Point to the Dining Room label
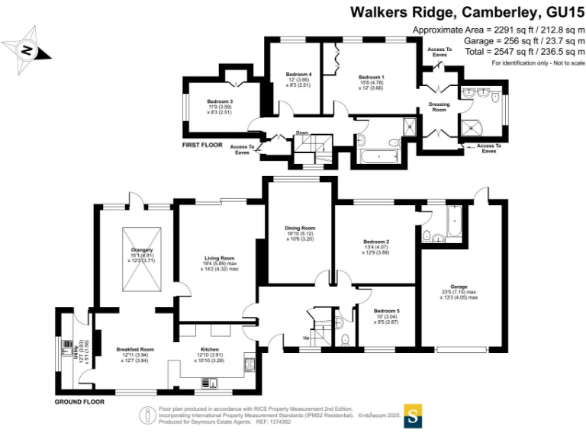click(x=300, y=229)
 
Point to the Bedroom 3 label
click(x=220, y=101)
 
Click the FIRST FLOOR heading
click(x=204, y=144)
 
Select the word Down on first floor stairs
click(x=301, y=133)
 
